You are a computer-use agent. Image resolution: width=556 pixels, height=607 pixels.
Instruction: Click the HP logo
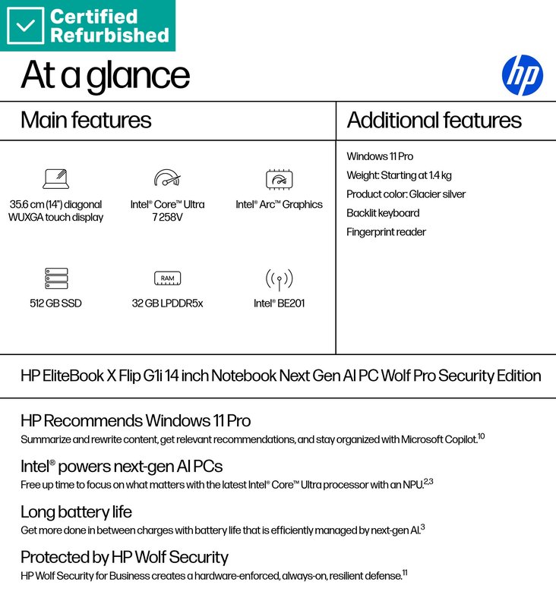523,75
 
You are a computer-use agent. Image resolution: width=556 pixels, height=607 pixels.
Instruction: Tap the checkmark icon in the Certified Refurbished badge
26,25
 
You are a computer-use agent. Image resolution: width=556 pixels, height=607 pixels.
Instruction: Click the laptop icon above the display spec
55,179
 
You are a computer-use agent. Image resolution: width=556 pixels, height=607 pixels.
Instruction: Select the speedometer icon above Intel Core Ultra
167,178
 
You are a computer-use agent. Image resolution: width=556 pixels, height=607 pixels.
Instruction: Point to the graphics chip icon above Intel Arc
279,179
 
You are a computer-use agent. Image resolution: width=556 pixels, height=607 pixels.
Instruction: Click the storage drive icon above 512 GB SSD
55,278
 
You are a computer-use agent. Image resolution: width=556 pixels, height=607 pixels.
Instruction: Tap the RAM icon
167,278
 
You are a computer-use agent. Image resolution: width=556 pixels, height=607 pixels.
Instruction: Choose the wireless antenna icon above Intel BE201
279,278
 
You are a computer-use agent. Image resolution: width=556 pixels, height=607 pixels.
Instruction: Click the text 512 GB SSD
55,303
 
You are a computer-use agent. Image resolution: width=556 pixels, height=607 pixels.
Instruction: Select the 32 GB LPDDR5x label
167,303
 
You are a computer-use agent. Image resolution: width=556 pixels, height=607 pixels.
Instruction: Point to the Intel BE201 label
280,303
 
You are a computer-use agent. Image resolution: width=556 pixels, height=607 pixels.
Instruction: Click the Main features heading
86,121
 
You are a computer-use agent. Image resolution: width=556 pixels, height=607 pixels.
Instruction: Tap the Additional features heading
434,121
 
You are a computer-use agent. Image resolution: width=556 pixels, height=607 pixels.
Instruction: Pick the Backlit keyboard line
383,213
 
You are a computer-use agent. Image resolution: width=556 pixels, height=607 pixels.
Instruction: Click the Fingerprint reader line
386,232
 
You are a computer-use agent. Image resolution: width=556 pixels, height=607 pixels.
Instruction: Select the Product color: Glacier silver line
406,194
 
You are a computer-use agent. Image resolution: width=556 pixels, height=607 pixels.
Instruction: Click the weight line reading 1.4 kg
399,175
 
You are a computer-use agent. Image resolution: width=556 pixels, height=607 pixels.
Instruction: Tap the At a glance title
105,75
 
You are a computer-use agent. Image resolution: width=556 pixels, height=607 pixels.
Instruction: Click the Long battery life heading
76,511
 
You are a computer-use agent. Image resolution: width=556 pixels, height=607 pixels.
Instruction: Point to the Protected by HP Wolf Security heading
124,557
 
